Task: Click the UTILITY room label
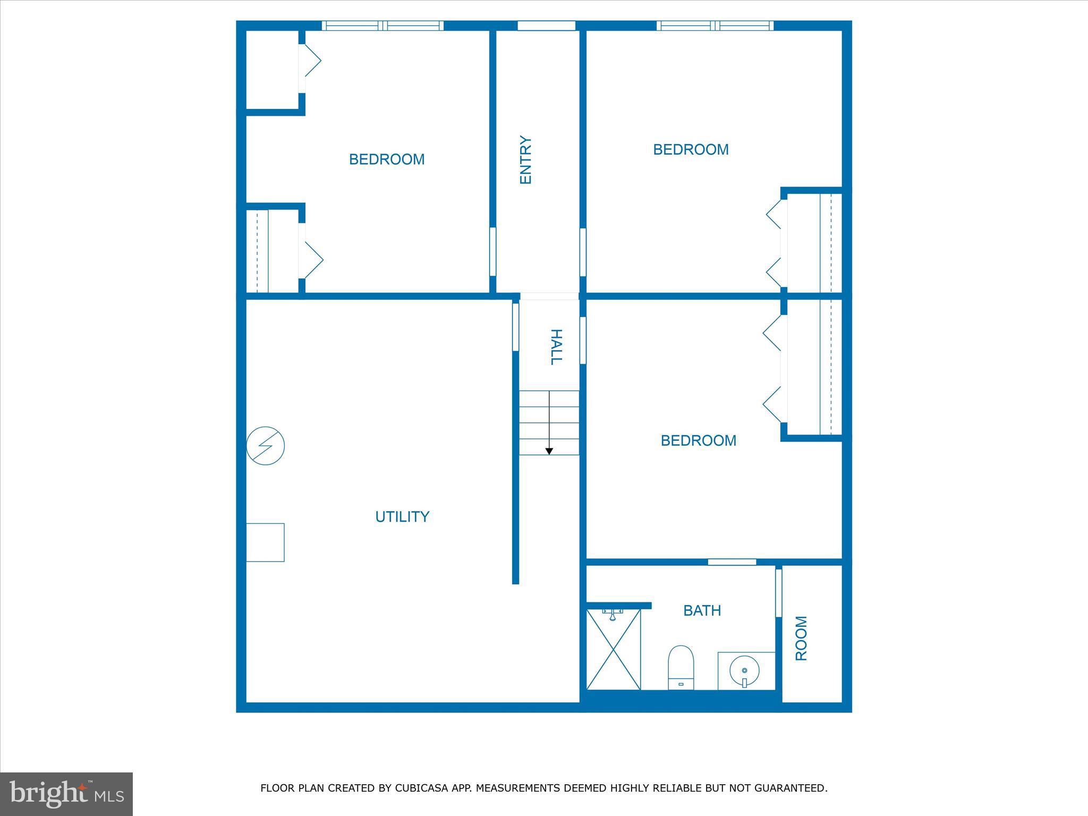click(x=402, y=516)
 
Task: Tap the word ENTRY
click(x=525, y=160)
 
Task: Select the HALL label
click(x=555, y=347)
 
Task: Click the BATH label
click(x=702, y=611)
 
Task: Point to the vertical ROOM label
click(x=801, y=638)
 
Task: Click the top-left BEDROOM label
click(x=386, y=159)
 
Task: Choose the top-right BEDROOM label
click(x=691, y=150)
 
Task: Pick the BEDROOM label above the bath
click(x=698, y=440)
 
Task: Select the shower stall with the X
click(x=614, y=649)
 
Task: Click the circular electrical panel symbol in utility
click(x=266, y=446)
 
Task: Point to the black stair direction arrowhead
click(x=549, y=452)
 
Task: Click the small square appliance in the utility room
click(x=265, y=542)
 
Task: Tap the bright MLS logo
click(x=66, y=794)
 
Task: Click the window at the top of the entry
click(x=546, y=25)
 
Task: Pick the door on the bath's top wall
click(x=732, y=562)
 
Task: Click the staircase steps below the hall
click(x=549, y=422)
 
